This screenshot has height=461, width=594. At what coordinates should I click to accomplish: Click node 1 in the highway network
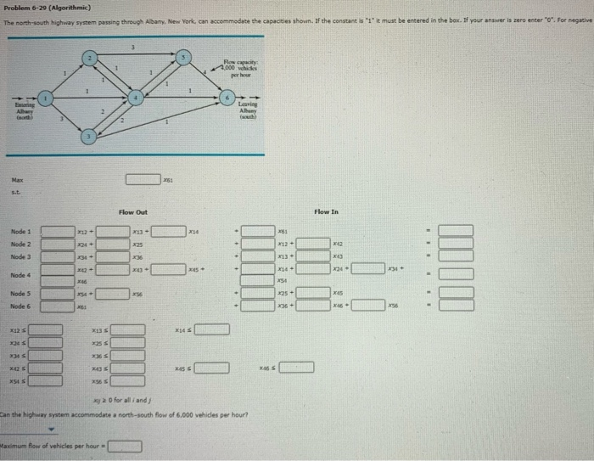[x=49, y=99]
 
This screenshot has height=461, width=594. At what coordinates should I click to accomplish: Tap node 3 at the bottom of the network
[x=87, y=135]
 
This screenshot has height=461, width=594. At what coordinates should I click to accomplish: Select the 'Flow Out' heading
[x=132, y=211]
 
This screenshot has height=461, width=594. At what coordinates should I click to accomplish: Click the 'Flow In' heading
[x=326, y=211]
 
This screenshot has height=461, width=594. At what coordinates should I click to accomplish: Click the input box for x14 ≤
[x=212, y=329]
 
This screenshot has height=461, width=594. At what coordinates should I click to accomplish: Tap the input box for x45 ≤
[x=212, y=368]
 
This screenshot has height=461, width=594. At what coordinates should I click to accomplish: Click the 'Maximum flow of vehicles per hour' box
[x=123, y=445]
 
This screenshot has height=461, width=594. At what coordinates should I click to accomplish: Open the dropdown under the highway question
[x=38, y=429]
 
